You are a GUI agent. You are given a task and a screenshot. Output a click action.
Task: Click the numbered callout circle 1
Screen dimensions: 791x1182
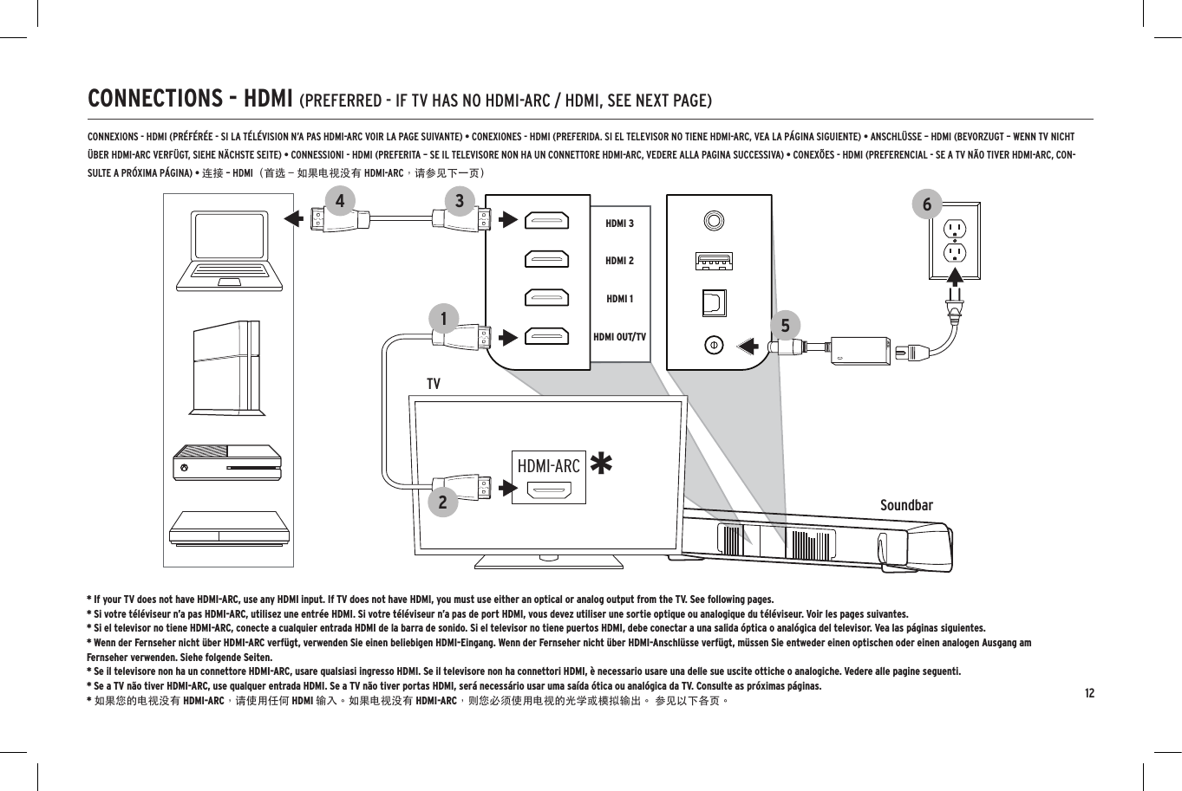point(443,319)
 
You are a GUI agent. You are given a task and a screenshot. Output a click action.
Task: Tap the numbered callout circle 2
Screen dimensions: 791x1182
point(442,502)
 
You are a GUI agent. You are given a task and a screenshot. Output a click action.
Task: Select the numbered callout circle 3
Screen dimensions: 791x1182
point(459,201)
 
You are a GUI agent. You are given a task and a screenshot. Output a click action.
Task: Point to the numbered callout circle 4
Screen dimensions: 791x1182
point(339,201)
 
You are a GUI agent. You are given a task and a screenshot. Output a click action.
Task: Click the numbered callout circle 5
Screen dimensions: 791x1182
point(785,326)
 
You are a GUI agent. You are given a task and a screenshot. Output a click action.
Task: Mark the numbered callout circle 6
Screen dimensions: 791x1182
point(927,204)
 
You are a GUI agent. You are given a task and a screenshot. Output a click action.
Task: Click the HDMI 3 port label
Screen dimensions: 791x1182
point(619,224)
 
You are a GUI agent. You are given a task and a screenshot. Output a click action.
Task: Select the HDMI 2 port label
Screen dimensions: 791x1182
point(619,261)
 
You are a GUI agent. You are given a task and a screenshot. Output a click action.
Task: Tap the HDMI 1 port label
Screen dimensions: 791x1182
point(619,299)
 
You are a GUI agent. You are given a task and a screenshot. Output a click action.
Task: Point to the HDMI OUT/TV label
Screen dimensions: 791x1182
point(619,336)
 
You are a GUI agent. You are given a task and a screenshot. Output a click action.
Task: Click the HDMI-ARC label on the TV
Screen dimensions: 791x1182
point(548,466)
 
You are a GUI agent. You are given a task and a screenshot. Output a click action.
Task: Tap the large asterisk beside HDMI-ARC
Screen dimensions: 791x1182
point(600,464)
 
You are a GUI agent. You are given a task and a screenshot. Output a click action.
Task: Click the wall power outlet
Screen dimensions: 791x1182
point(954,241)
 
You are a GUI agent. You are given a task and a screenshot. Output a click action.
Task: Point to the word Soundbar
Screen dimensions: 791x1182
point(906,505)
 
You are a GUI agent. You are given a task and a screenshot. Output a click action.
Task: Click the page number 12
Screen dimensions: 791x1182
point(1088,693)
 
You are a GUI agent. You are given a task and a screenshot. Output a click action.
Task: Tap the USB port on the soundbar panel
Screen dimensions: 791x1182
point(714,261)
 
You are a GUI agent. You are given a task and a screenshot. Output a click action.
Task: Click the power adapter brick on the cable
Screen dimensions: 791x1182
point(859,350)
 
